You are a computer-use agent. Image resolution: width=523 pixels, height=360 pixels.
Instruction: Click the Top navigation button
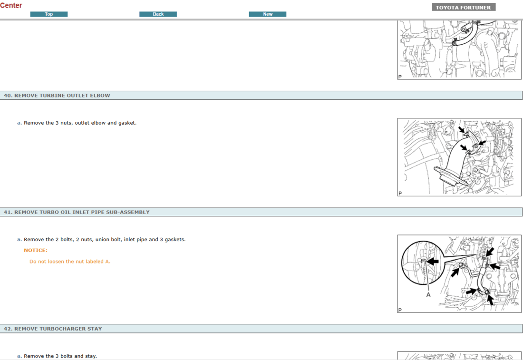coord(48,14)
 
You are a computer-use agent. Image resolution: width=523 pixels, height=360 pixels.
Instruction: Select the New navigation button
coord(268,14)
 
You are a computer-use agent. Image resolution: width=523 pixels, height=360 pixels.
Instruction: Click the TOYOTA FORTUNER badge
coord(464,7)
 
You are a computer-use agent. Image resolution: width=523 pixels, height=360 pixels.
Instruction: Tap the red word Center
coord(11,6)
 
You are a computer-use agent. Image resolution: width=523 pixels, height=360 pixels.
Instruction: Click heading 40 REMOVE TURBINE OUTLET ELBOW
coord(57,96)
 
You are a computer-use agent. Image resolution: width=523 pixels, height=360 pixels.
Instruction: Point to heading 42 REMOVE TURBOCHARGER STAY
coord(53,329)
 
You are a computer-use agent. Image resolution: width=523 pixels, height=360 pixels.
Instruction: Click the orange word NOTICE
coord(36,250)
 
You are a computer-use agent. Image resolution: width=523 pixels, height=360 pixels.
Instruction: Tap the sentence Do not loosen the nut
coord(70,262)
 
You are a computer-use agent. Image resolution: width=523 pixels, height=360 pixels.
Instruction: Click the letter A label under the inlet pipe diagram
coord(428,295)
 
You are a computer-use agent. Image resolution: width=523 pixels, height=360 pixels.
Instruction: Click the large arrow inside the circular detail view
coord(433,261)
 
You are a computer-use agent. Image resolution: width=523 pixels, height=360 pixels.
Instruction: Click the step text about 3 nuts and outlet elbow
coord(80,123)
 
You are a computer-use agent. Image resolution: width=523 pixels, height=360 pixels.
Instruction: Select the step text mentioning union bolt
coord(105,239)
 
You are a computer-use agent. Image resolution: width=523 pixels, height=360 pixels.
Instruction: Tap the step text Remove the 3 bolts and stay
coord(60,356)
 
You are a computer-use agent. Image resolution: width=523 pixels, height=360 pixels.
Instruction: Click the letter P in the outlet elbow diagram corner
coord(400,194)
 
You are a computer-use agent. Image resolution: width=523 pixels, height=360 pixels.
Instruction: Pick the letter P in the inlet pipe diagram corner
coord(400,310)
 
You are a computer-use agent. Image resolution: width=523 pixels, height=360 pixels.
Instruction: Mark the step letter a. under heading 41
coord(19,239)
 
